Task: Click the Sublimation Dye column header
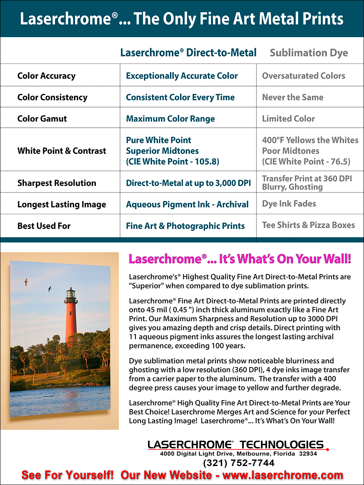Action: [x=309, y=53]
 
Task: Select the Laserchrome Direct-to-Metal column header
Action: [x=188, y=53]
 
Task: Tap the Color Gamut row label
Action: [x=42, y=119]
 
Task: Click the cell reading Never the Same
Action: [x=292, y=97]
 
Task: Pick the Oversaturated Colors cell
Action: [x=303, y=76]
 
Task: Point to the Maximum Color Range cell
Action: [x=170, y=119]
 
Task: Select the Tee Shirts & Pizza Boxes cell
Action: [x=308, y=225]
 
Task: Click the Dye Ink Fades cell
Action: [x=289, y=204]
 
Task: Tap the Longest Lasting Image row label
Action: [x=61, y=205]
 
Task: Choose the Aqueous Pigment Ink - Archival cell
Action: [x=187, y=205]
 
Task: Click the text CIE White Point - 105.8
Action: [x=173, y=162]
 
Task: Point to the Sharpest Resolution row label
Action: [x=57, y=183]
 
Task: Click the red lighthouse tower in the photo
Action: [x=71, y=319]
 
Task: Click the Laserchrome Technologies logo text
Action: [x=236, y=445]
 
